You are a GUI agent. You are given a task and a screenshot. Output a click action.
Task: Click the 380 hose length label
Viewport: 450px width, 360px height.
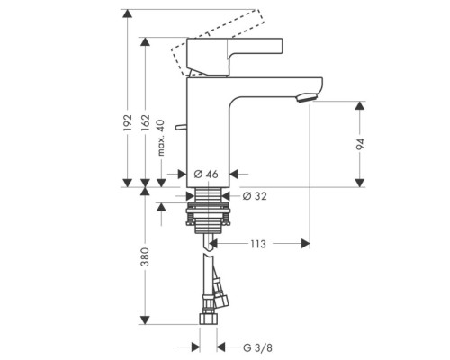point(145,260)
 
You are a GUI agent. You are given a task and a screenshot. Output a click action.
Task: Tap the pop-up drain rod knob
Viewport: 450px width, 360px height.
point(180,128)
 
